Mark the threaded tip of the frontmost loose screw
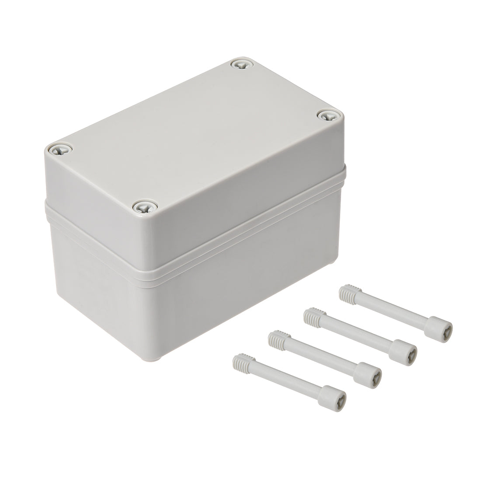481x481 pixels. coord(240,359)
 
